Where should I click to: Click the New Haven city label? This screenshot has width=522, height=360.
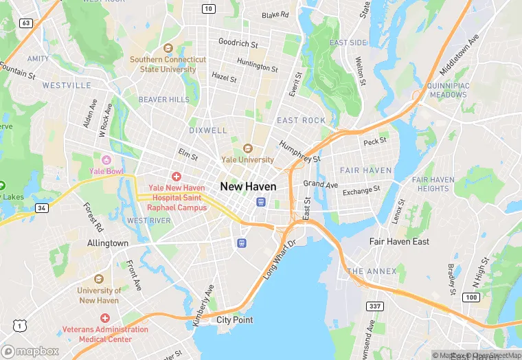pos(248,186)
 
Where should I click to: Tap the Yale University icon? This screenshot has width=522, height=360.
pos(247,148)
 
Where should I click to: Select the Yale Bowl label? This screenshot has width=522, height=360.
pos(106,170)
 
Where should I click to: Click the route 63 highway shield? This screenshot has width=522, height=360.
pos(26,23)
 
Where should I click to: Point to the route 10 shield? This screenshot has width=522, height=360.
pos(208,8)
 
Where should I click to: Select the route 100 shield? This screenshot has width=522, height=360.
pos(470,297)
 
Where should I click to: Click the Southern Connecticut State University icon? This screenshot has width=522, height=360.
pos(168,48)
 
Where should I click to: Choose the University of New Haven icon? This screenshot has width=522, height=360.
pos(99,278)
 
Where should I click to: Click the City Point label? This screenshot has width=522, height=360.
pos(234,320)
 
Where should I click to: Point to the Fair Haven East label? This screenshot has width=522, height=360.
pos(399,242)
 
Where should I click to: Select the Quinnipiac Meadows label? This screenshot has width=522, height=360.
pos(447,91)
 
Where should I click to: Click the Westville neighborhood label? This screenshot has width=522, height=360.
pos(67,85)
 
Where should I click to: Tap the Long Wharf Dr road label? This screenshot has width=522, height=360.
pos(279,260)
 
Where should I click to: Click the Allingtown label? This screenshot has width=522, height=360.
pos(108,243)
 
